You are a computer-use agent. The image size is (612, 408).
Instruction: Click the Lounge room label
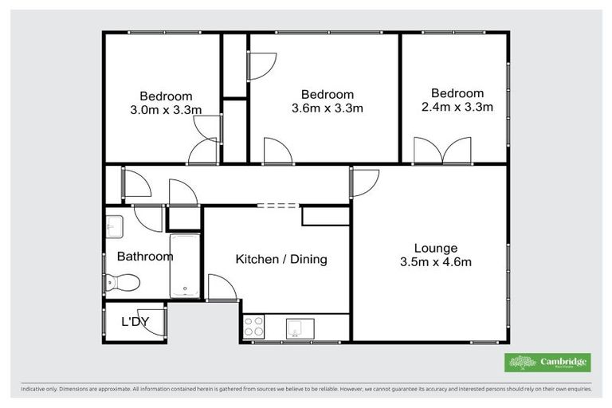tap(436, 248)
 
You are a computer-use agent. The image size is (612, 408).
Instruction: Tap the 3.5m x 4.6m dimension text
tap(436, 262)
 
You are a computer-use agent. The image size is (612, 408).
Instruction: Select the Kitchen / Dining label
tap(281, 260)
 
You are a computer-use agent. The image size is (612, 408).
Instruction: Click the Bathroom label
tap(145, 257)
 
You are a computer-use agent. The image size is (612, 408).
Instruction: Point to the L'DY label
tap(135, 322)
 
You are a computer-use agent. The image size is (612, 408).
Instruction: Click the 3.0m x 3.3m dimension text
tap(167, 110)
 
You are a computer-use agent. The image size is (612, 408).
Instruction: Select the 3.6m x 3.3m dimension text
tap(328, 108)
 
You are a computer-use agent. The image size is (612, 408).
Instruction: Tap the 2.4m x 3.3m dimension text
tap(457, 107)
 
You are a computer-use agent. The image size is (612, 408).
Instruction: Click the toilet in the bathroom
tap(124, 282)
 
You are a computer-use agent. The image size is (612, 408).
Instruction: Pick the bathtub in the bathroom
tap(185, 265)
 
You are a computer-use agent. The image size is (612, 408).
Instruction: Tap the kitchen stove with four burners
tap(254, 327)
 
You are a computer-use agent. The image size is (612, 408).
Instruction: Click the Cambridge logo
tap(547, 363)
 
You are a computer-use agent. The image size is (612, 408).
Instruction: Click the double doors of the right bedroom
tap(443, 150)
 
